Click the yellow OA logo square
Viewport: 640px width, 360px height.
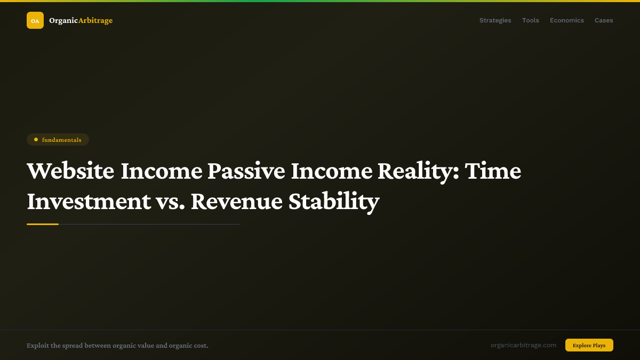(35, 20)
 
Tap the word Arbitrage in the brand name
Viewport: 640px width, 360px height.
(95, 20)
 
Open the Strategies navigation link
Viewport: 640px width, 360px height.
(495, 20)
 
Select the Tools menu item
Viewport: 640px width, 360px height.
(530, 20)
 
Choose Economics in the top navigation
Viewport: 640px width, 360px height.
(566, 20)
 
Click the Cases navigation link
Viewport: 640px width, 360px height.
(604, 20)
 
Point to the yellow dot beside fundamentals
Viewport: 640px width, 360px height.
(36, 140)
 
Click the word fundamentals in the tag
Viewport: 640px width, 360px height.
(62, 140)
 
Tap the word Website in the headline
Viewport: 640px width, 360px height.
(70, 171)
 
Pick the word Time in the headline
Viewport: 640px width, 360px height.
(493, 171)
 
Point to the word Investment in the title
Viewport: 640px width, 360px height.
(89, 202)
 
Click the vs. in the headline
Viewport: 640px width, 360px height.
(171, 202)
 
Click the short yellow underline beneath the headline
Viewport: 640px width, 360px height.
(43, 225)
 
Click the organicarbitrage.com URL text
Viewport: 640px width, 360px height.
(523, 345)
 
